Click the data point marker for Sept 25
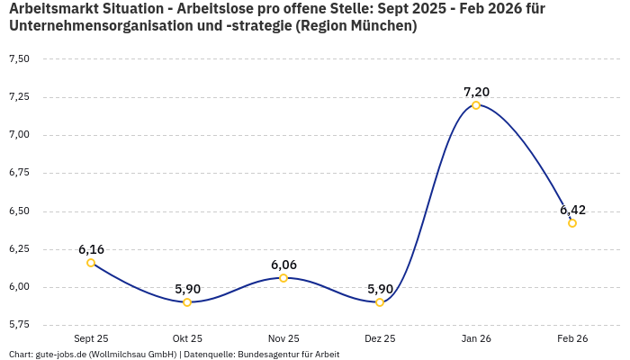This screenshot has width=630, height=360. point(91,263)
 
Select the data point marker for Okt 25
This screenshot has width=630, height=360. point(187,302)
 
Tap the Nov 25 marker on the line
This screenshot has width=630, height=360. point(283,278)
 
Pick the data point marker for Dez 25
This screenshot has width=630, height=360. point(380,302)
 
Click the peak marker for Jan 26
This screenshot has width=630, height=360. point(476,105)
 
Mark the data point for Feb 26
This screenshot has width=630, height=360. point(572,223)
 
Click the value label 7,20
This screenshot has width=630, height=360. point(476,92)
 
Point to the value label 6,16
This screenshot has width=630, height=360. point(91,249)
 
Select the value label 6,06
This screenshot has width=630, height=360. point(283,265)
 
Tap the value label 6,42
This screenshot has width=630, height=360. point(572,210)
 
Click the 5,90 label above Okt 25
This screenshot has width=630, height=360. point(187,289)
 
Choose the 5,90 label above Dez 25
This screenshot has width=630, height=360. point(380,289)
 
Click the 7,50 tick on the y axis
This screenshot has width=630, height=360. point(19,59)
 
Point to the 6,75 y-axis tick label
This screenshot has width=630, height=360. point(19,173)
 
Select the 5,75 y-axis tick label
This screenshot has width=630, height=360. point(19,324)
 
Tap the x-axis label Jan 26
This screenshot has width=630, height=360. point(476,338)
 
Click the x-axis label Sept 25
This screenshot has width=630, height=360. point(91,338)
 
